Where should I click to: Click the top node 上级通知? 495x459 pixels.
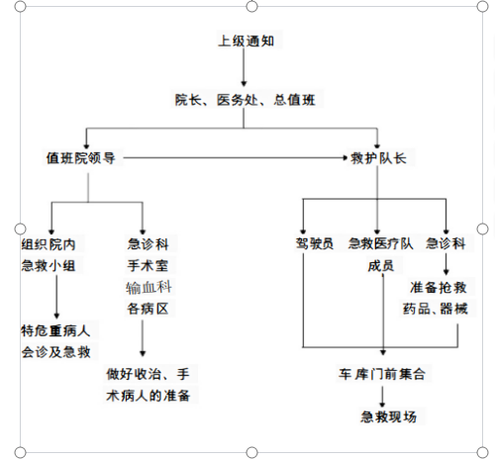[247, 41]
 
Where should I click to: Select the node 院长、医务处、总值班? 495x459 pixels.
[245, 100]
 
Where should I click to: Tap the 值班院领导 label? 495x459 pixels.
[81, 158]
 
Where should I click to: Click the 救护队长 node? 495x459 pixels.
[378, 158]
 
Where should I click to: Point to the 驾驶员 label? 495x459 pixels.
[315, 243]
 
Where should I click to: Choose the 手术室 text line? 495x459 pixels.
[148, 265]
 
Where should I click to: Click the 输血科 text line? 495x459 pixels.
[148, 287]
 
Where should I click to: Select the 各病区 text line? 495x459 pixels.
[148, 309]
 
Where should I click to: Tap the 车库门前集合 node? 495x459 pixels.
[382, 374]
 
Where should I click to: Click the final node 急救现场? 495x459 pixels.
[388, 416]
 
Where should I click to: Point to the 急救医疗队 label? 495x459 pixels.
[380, 243]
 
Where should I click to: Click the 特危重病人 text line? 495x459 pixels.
[55, 330]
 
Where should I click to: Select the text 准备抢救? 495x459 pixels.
[439, 287]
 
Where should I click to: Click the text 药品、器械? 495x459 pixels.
[436, 309]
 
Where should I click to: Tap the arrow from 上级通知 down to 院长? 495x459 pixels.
[244, 67]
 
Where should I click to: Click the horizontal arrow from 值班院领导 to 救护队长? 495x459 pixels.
[236, 158]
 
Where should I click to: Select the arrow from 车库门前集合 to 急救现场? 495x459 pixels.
[382, 397]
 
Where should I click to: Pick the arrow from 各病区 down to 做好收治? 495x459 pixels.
[143, 338]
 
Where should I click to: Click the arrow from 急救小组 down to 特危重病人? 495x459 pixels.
[56, 297]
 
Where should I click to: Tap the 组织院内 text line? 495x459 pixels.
[49, 244]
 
